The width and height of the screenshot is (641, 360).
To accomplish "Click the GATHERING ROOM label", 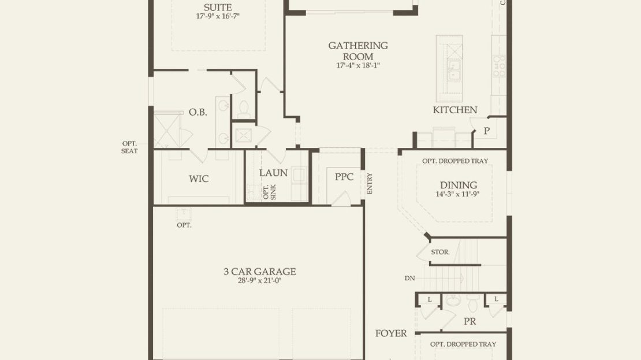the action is [357, 51].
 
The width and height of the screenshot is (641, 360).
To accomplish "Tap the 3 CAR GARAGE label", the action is [260, 271].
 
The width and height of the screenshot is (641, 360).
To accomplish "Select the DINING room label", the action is [459, 185].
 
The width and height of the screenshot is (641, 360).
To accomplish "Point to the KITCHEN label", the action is [455, 110].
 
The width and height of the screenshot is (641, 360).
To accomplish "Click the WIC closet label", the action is [199, 179].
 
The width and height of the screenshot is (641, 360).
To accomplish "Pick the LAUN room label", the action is [273, 173].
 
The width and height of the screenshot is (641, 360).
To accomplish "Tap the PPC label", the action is [344, 177].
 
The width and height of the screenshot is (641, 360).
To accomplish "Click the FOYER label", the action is [391, 333].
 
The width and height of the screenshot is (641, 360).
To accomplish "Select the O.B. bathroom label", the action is [198, 112].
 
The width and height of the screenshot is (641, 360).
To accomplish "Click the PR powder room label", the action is [469, 321].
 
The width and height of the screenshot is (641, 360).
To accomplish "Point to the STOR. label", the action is [440, 252].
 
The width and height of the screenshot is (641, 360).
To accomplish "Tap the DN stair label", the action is [409, 278].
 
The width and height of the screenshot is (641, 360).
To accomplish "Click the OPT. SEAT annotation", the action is [129, 147].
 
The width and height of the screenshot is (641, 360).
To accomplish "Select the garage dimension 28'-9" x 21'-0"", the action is [260, 281].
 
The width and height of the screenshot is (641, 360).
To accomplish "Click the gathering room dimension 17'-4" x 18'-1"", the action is [358, 65].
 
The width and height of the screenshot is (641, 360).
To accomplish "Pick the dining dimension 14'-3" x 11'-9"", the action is [457, 194].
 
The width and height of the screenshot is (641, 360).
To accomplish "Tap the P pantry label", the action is [486, 131].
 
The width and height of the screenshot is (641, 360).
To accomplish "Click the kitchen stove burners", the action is [499, 66].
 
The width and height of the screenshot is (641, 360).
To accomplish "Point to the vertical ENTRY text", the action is [370, 183].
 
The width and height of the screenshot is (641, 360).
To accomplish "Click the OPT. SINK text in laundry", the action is [270, 192].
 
